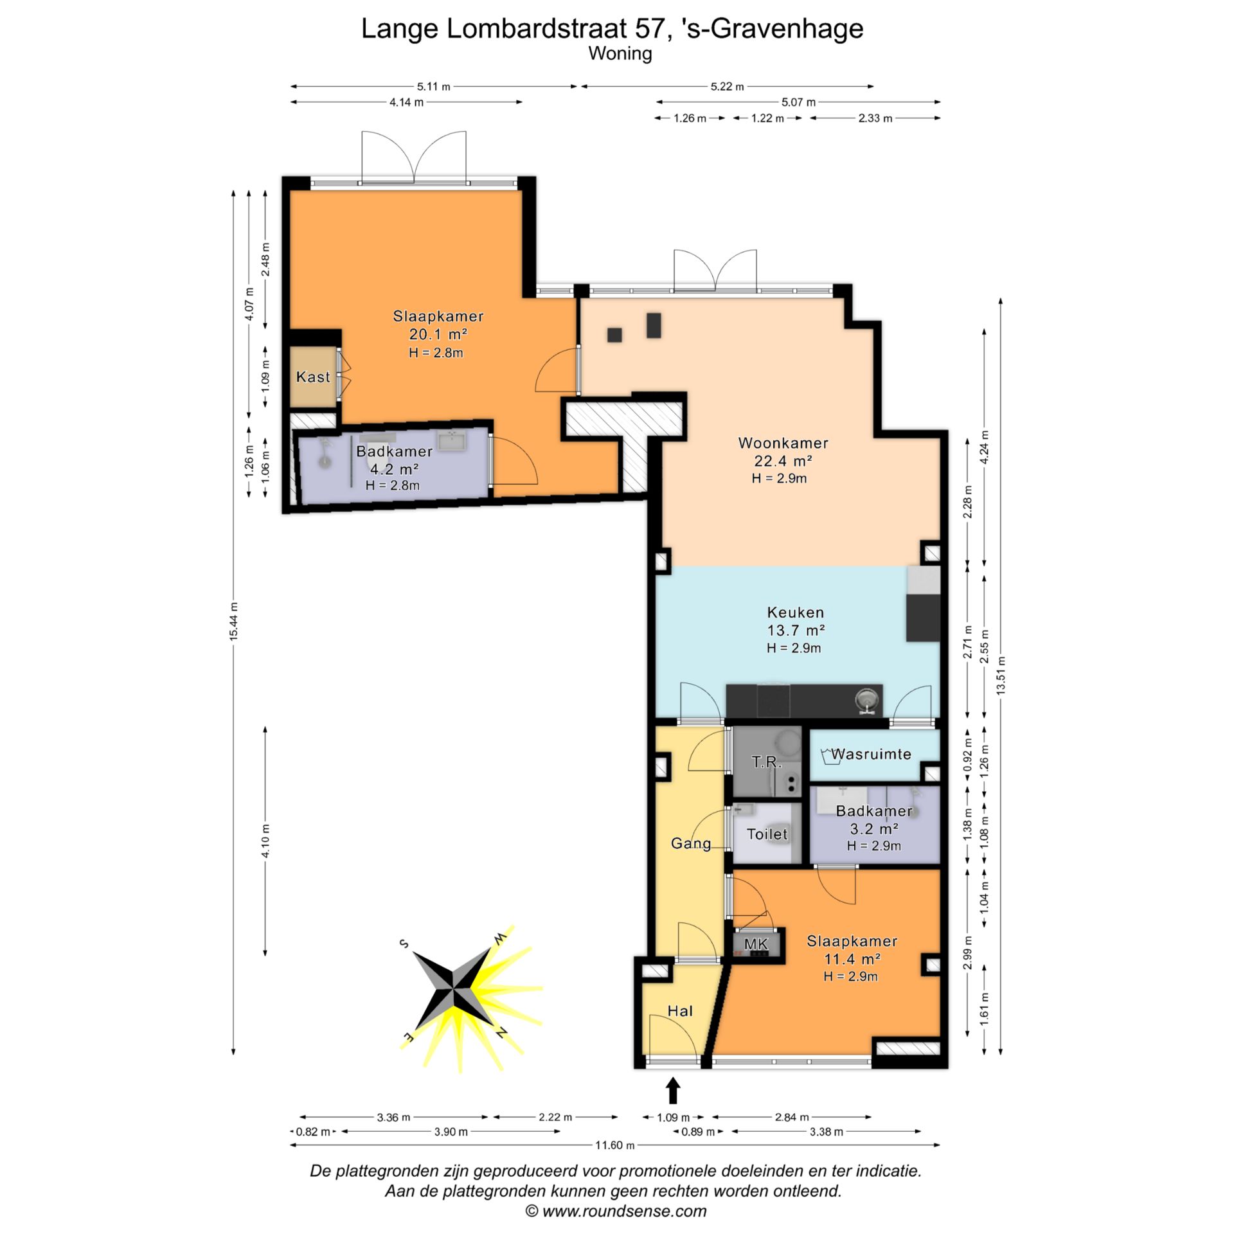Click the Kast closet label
(x=313, y=377)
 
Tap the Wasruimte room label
(x=871, y=754)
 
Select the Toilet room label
(x=767, y=834)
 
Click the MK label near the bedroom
(x=756, y=944)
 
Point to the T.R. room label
(x=767, y=762)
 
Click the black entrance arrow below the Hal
(x=673, y=1091)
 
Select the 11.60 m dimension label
(x=614, y=1145)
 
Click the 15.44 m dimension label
(x=234, y=621)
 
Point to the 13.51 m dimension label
(x=1000, y=675)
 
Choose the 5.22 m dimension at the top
(x=727, y=87)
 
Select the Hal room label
(x=680, y=1011)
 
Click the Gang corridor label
(x=691, y=843)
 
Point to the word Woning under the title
(x=620, y=53)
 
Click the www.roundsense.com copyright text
(x=616, y=1212)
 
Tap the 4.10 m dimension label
(x=265, y=841)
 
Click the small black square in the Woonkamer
(x=614, y=335)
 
